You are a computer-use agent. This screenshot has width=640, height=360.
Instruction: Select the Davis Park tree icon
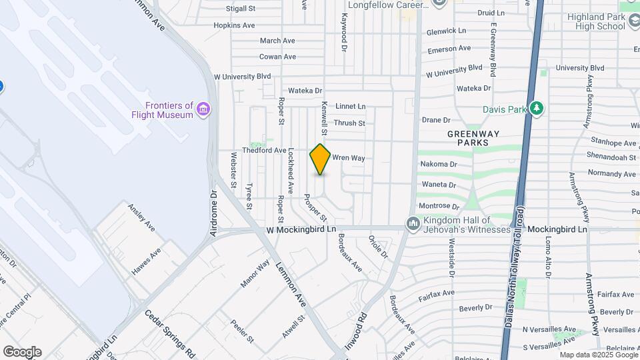(537, 109)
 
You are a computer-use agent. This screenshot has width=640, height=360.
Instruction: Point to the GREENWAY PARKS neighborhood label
(477, 138)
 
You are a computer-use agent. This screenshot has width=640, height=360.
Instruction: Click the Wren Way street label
(349, 158)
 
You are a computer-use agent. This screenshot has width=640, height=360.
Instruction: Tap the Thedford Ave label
(264, 151)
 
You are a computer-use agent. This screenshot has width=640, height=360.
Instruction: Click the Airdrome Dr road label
(214, 213)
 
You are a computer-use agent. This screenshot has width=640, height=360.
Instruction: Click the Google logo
(22, 351)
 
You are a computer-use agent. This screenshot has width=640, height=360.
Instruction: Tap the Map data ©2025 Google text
(597, 355)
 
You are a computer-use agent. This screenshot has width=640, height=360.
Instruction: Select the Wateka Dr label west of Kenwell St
(305, 91)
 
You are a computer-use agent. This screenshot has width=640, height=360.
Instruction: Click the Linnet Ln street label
(350, 106)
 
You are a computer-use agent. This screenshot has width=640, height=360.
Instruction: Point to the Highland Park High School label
(597, 21)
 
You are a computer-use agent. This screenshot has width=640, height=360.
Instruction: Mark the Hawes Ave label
(146, 262)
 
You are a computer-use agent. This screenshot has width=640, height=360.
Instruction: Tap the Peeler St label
(243, 331)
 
